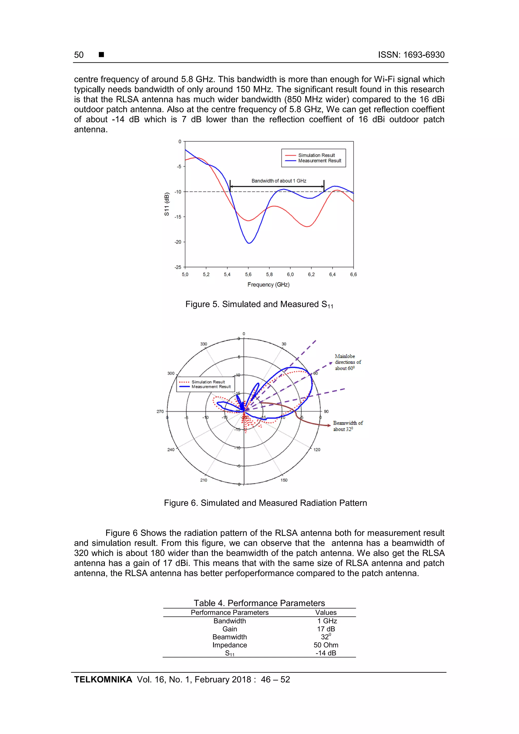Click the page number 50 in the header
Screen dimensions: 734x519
pos(79,55)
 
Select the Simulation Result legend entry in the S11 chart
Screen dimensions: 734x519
pos(316,155)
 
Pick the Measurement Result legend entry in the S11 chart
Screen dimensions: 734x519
pos(320,161)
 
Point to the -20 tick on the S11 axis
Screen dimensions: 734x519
pos(178,242)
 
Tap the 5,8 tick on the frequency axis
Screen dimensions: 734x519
pos(269,275)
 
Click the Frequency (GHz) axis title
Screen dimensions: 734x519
pos(268,285)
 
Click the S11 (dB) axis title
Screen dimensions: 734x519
pos(166,204)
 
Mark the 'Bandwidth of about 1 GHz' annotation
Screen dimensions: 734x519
pos(279,181)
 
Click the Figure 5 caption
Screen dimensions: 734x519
pos(259,304)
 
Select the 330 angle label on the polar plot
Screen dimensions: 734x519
pos(204,344)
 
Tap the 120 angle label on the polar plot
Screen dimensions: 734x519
pos(317,449)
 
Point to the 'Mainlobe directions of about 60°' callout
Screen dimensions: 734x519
pos(348,362)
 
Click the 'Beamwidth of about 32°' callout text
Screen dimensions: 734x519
pos(348,426)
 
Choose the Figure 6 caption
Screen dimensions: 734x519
pos(265,503)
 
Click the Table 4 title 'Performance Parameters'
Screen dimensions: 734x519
pos(259,603)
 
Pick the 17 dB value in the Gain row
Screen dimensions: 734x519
pos(326,629)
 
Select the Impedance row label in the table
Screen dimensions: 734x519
pos(230,645)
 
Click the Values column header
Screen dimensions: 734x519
pos(326,613)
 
